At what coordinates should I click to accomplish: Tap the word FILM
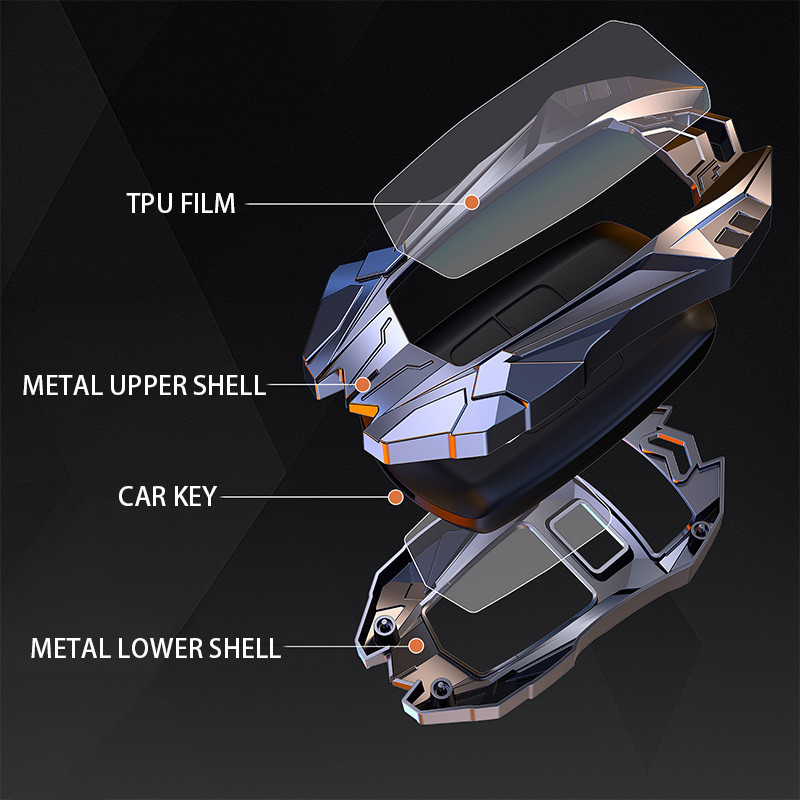pos(209,203)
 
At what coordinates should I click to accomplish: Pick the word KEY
pos(194,495)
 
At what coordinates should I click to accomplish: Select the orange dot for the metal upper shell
pos(363,384)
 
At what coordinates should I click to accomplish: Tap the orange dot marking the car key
pos(396,496)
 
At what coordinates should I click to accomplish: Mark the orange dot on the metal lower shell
pos(418,647)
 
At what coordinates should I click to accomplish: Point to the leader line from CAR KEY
pos(300,496)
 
